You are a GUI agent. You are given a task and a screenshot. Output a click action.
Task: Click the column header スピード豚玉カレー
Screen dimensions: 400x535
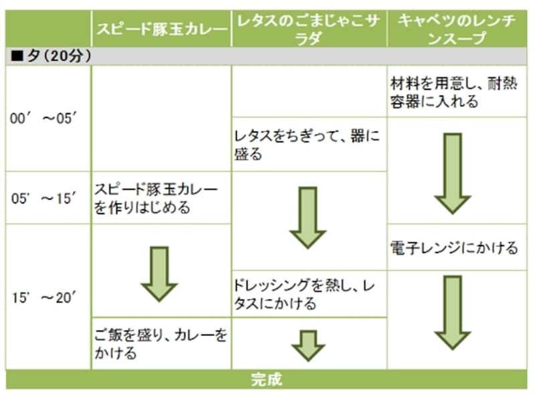point(161,29)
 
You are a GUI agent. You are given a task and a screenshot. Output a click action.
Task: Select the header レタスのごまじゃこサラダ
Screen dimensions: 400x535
point(309,29)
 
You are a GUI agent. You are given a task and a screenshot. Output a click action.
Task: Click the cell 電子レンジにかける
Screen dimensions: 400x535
point(454,248)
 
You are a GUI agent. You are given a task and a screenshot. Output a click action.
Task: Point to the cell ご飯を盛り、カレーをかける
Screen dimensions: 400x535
point(160,343)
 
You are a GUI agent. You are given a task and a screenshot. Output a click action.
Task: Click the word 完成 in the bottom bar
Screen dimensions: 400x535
point(267,380)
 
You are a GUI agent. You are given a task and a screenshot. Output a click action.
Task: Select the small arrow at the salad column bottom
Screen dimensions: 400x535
point(308,345)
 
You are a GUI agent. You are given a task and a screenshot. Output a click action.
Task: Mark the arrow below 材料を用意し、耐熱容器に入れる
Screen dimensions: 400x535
point(453,172)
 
